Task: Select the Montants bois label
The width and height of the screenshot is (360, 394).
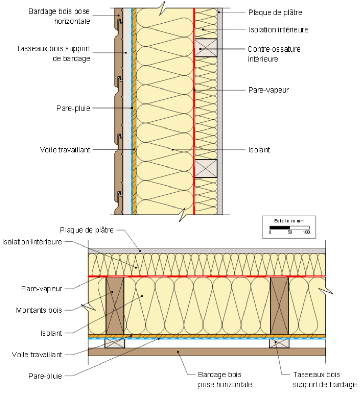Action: [39, 310]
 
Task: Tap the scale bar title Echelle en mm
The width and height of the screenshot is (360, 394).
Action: [289, 221]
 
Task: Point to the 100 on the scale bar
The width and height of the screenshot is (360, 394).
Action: [306, 232]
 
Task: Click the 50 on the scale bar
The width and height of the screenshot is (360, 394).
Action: [290, 232]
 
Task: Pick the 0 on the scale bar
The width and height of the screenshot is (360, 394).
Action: [270, 232]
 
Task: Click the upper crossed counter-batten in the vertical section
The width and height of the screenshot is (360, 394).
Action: [206, 47]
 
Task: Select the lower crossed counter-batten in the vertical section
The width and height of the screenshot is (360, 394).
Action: [206, 168]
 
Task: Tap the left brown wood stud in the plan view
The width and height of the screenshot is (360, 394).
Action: [115, 305]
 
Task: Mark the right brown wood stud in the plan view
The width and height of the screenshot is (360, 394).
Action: [279, 305]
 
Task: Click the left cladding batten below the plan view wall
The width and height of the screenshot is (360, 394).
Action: [114, 343]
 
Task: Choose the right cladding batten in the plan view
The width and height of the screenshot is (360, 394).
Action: [279, 343]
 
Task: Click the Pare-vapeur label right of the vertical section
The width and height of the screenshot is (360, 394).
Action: [269, 90]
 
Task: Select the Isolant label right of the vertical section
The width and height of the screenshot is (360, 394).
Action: [259, 150]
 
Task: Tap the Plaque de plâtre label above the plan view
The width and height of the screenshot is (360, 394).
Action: [87, 230]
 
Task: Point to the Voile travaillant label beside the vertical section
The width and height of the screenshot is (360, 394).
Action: [65, 150]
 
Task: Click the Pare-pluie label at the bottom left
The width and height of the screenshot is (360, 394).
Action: [45, 376]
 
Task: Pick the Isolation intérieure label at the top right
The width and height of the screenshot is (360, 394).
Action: [278, 29]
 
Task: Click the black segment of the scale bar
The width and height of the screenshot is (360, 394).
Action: [280, 227]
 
